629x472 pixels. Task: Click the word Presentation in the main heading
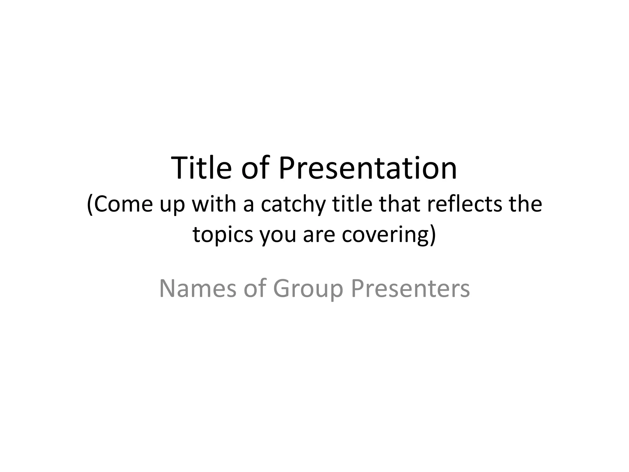(x=368, y=168)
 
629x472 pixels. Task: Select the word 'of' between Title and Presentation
(x=255, y=168)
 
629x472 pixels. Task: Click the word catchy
(x=293, y=204)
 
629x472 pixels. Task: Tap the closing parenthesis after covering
(x=433, y=235)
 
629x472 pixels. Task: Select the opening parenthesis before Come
(x=90, y=205)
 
